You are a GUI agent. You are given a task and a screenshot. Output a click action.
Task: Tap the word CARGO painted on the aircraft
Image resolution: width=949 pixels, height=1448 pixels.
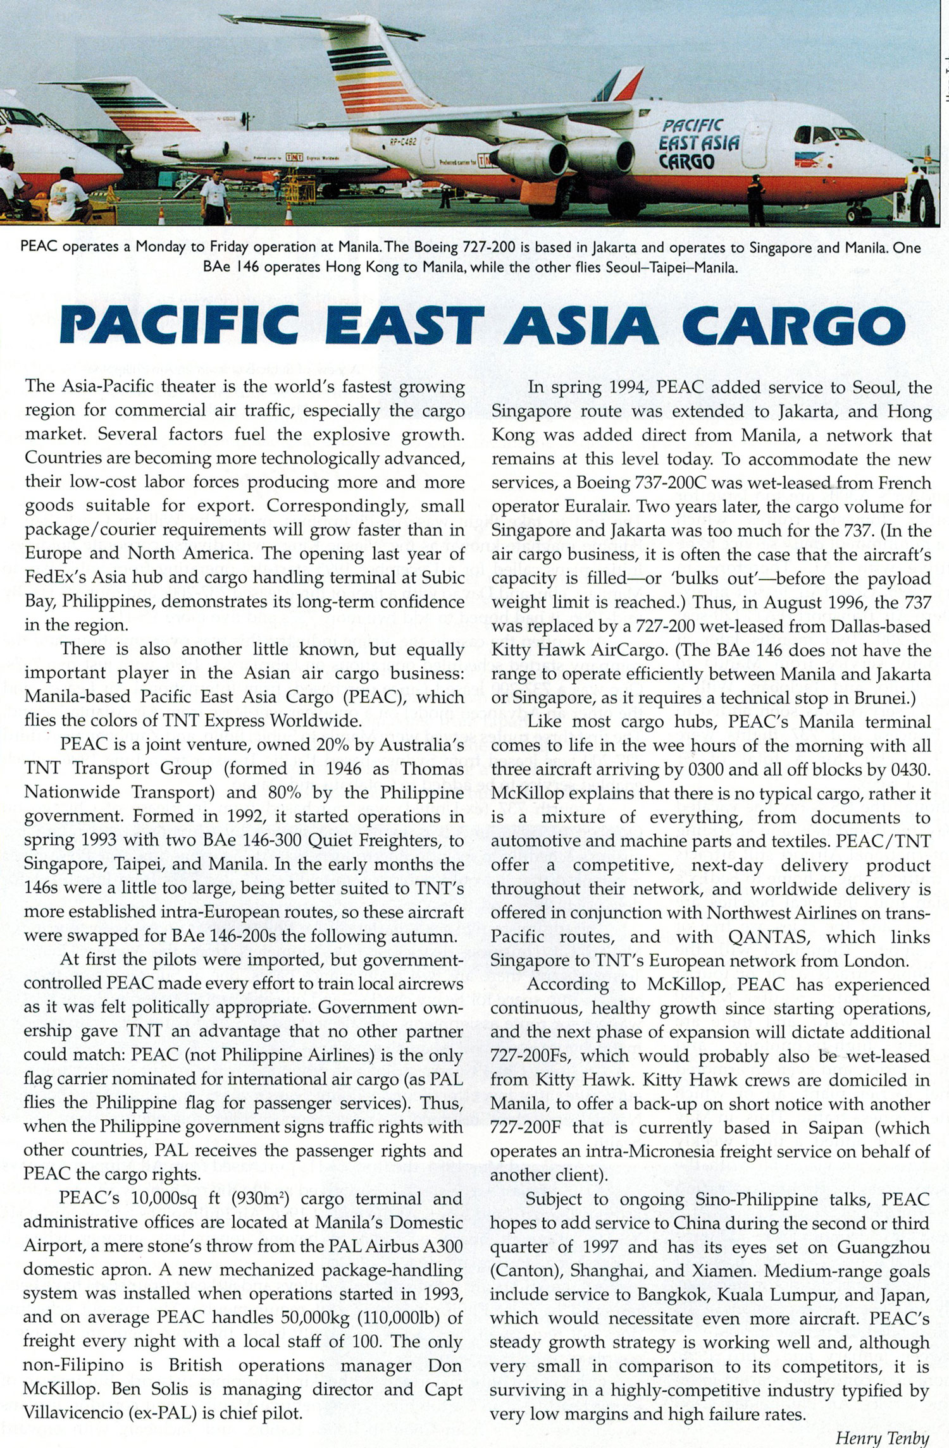pyautogui.click(x=687, y=162)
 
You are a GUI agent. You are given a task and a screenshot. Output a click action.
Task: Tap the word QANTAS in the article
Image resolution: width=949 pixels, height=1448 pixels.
pyautogui.click(x=769, y=937)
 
